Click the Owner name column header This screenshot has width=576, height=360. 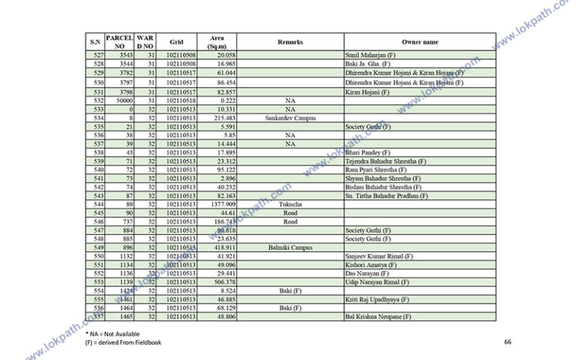pos(420,42)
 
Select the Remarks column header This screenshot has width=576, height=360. pos(290,42)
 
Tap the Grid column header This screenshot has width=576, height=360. pos(176,42)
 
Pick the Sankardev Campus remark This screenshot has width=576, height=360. pos(290,118)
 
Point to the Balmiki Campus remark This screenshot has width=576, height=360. pos(290,247)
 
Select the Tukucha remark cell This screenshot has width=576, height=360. pos(290,204)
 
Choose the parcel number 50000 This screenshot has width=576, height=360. pos(123,100)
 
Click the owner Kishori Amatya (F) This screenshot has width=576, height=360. pos(370,265)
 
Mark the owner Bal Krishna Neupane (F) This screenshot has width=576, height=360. pos(378,316)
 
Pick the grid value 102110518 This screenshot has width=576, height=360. pos(181,100)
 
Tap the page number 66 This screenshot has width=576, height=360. pos(508,342)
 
